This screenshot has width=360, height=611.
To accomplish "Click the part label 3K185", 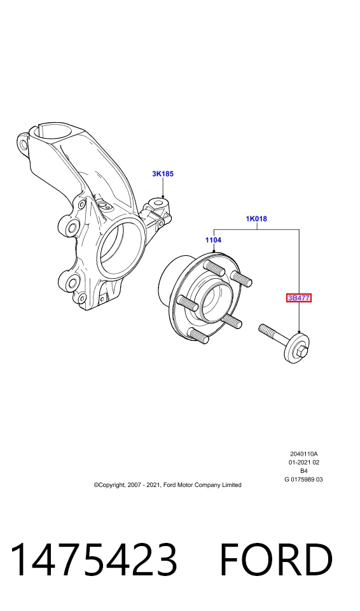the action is [163, 174].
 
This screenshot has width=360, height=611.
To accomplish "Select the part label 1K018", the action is [256, 219].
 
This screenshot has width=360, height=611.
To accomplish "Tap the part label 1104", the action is [214, 240].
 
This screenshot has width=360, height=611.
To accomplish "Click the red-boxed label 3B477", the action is [299, 298].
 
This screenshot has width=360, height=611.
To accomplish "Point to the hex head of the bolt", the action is [302, 351].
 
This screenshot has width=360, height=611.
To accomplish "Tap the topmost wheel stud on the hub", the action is [215, 268].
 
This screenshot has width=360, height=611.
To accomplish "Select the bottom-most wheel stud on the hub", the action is [198, 336].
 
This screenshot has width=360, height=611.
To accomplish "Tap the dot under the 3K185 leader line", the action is [163, 198].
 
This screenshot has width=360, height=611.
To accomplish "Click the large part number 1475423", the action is [94, 559].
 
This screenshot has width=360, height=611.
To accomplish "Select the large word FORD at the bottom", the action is [276, 559].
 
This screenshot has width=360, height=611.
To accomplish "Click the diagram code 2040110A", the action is [304, 454].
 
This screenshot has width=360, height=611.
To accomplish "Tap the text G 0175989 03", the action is [303, 480].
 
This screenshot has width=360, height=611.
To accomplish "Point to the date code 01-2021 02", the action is [304, 463].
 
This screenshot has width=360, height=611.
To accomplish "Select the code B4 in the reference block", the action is [304, 471].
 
